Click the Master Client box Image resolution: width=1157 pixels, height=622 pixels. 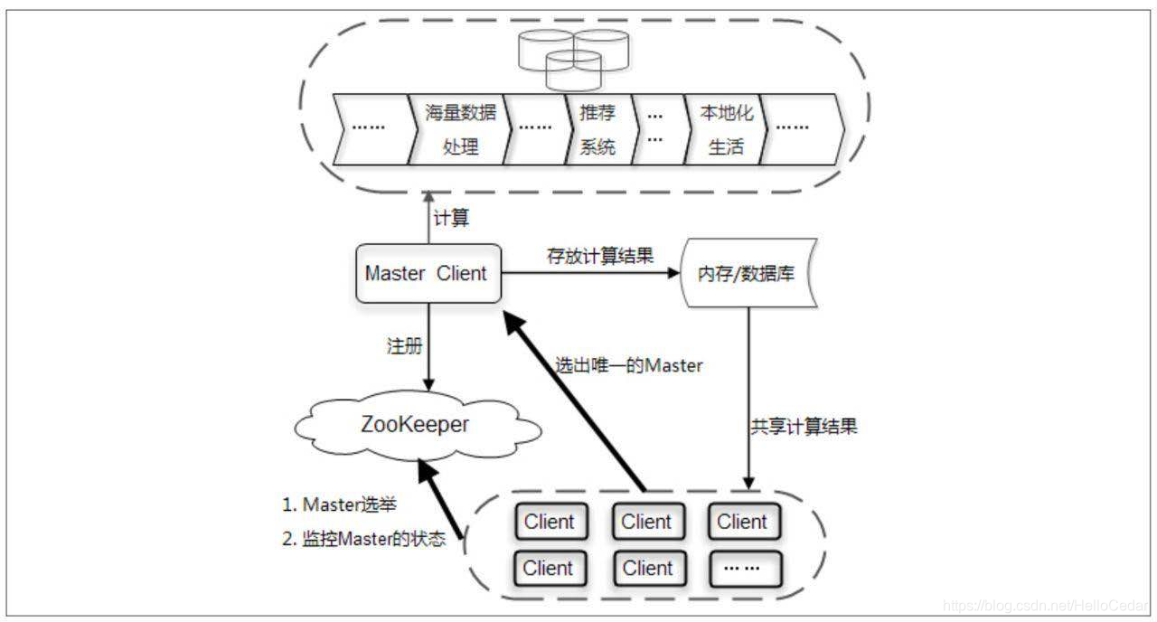426,273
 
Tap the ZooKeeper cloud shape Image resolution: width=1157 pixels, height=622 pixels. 415,425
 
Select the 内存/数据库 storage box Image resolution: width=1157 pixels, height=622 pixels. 747,273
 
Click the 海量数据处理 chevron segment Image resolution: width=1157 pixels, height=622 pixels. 460,129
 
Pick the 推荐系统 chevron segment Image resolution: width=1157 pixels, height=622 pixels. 597,129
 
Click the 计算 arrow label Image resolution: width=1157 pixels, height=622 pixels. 452,219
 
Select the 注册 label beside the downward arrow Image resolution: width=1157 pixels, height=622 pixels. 402,346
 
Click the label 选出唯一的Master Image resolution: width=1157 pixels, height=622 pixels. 628,366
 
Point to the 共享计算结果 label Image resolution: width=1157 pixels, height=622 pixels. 803,427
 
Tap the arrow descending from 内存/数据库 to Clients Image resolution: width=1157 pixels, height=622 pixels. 748,398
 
